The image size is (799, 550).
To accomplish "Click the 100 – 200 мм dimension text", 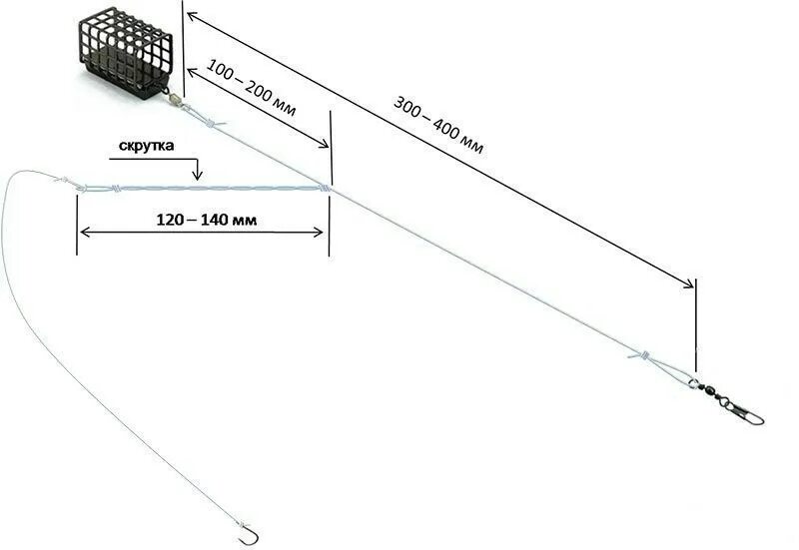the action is [251, 92].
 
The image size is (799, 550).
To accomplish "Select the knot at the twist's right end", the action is [324, 187].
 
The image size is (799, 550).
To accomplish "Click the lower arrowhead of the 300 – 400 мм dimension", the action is [690, 285].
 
